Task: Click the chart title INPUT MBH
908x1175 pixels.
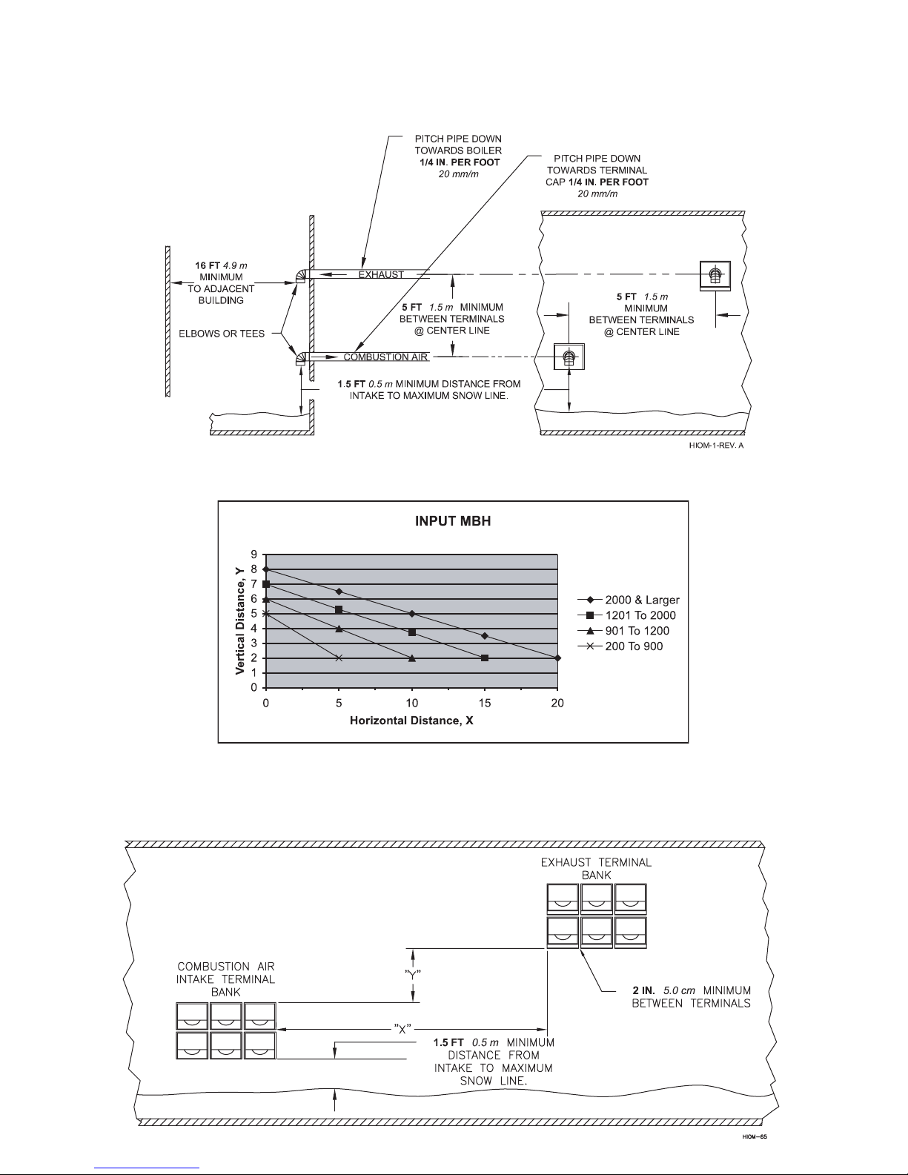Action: coord(453,520)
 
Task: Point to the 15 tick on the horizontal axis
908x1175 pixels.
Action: coord(484,703)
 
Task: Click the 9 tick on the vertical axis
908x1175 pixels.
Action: coord(253,555)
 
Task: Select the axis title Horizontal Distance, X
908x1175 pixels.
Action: coord(411,721)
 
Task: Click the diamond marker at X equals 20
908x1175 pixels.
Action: coord(557,658)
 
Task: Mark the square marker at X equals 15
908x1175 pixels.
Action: coord(485,658)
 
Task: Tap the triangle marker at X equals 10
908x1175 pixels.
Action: coord(412,658)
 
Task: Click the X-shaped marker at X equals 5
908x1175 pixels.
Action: coord(339,658)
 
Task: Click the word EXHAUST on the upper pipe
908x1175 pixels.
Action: coord(381,275)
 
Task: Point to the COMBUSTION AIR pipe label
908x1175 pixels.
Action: coord(385,357)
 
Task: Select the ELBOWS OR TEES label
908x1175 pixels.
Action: coord(222,334)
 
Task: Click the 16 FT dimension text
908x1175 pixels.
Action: coord(207,265)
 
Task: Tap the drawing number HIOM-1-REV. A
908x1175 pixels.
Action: coord(716,446)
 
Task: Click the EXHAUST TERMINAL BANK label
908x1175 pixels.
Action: coord(596,868)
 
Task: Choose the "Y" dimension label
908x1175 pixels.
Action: coord(413,975)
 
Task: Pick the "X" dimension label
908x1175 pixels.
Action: coord(402,1029)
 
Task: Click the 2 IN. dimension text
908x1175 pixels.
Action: coord(643,990)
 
